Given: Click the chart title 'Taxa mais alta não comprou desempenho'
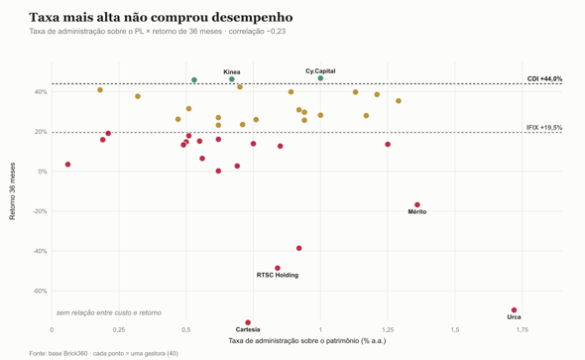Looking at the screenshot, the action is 161,18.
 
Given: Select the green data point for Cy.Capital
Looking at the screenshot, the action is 320,78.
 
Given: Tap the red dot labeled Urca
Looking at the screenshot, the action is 515,310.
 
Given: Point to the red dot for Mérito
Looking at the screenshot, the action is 417,205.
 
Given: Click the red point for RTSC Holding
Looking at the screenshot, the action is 278,268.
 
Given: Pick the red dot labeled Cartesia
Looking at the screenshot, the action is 248,322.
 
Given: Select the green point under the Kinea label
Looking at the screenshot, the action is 232,79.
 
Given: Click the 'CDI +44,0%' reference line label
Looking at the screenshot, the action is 544,78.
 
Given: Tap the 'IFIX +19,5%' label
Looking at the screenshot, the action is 544,128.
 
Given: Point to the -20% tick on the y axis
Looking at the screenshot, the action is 40,211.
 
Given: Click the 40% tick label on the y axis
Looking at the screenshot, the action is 41,92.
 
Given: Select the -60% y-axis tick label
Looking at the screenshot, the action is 40,291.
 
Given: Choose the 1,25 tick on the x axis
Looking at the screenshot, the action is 388,330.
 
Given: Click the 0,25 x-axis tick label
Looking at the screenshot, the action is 119,330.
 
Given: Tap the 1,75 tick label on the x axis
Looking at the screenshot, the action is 523,330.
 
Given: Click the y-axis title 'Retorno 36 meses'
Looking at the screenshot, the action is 12,191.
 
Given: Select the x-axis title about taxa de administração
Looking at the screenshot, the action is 307,340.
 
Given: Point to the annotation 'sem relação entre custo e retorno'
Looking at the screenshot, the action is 109,312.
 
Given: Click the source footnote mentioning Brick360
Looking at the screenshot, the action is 104,353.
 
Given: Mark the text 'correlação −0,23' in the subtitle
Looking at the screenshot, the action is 257,32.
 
